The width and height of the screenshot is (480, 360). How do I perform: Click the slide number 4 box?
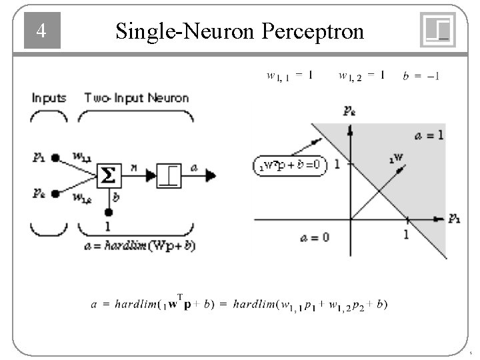[x=42, y=31]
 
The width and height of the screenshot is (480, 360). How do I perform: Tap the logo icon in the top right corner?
[x=438, y=31]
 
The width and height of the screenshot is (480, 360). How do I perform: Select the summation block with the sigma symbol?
[x=108, y=176]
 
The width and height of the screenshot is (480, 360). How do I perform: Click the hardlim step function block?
[x=169, y=176]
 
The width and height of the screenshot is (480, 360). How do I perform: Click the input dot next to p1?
[x=56, y=158]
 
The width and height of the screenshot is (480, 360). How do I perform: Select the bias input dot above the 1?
[x=108, y=212]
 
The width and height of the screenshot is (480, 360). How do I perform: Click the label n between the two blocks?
[x=134, y=170]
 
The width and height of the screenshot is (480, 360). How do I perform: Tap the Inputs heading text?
[x=49, y=98]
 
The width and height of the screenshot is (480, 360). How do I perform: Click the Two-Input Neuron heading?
[x=136, y=98]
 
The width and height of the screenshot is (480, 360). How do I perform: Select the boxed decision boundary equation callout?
[x=291, y=165]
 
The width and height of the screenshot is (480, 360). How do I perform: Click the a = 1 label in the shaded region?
[x=429, y=136]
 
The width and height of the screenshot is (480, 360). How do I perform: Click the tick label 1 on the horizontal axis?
[x=405, y=234]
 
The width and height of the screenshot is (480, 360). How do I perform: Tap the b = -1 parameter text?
[x=421, y=76]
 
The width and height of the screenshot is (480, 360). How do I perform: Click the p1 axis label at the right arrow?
[x=454, y=217]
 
